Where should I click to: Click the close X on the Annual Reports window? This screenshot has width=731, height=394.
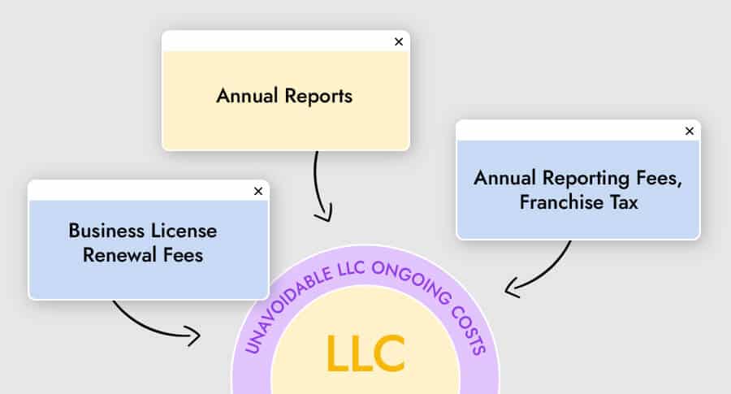[398, 41]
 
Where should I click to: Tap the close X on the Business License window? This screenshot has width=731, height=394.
[258, 191]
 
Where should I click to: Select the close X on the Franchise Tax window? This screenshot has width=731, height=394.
[690, 131]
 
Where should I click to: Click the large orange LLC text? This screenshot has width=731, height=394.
[365, 352]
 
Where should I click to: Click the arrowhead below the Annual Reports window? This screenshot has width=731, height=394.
[324, 215]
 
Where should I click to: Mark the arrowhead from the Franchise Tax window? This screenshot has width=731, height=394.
[510, 288]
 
